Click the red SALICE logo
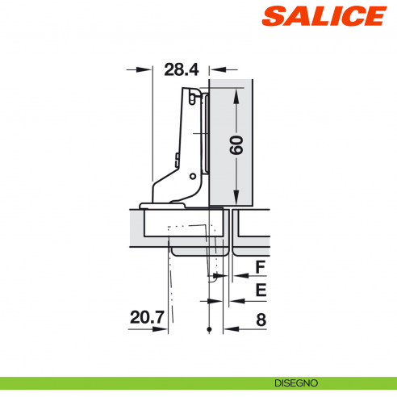point(324,15)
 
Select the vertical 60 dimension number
point(236,145)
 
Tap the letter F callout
point(260,267)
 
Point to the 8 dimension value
point(261,320)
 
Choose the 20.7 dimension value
point(148,320)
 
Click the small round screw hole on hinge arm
point(191,175)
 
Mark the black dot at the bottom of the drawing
point(209,330)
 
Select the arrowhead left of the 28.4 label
point(147,69)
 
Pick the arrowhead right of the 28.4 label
point(214,69)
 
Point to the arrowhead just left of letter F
point(239,276)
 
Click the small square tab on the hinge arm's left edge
point(177,157)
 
